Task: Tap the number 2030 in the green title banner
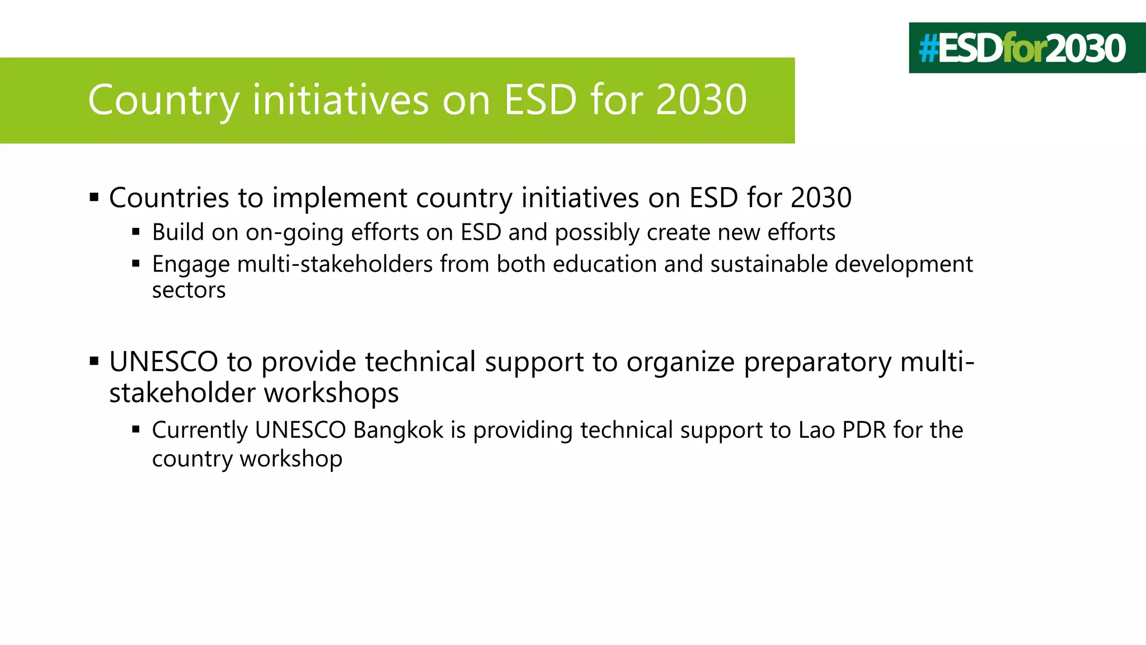[701, 100]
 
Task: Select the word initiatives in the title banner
[340, 100]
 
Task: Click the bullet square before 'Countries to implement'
[94, 197]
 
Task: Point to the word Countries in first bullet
[169, 198]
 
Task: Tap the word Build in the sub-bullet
[178, 232]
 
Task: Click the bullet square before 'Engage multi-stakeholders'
[136, 263]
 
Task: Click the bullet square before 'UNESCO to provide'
[94, 361]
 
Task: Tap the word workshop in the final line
[291, 459]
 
